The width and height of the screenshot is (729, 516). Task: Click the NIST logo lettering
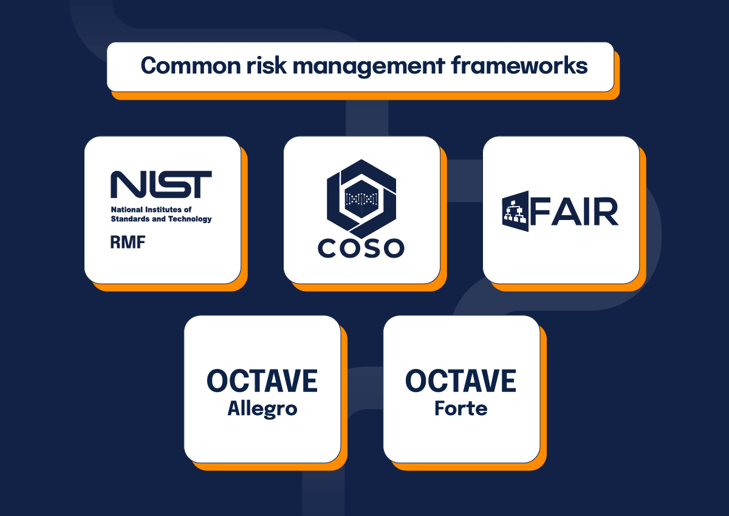click(161, 184)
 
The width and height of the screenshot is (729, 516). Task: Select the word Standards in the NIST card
click(130, 219)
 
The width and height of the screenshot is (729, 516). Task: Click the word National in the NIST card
click(126, 210)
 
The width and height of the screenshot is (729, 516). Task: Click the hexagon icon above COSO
click(361, 198)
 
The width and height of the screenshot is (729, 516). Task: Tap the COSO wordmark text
click(361, 248)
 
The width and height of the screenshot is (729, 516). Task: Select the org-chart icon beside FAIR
click(515, 211)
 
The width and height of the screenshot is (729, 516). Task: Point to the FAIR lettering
click(574, 211)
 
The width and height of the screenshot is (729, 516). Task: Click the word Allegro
click(262, 408)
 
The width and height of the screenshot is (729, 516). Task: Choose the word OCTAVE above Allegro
click(262, 381)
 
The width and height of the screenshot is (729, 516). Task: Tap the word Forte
click(461, 408)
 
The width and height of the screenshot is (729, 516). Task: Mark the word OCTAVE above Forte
click(461, 381)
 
